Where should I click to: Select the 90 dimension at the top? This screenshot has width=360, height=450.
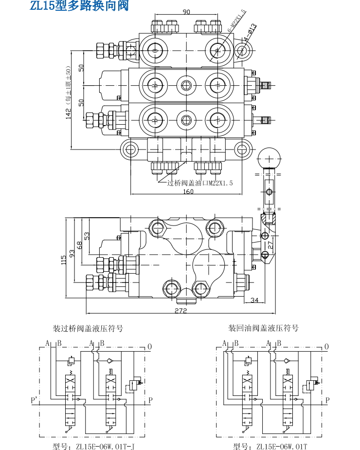(186, 12)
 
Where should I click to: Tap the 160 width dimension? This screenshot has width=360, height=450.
(188, 191)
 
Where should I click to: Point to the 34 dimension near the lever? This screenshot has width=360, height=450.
(254, 300)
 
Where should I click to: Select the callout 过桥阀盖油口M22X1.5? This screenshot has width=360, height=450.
(200, 183)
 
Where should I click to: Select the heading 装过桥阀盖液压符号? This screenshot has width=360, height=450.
(88, 328)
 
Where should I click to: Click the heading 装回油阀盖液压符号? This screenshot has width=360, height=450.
(263, 328)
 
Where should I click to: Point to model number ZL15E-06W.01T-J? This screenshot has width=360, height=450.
(96, 446)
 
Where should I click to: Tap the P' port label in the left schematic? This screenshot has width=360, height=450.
(34, 400)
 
